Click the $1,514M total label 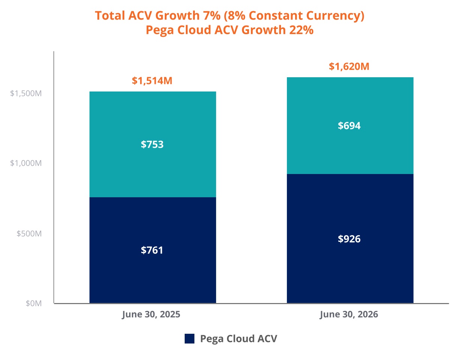152,81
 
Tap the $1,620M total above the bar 349,66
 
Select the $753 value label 152,144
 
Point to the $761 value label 152,250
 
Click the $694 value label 349,126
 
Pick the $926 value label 349,239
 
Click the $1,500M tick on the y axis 26,93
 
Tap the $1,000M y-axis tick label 26,163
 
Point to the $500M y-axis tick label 29,234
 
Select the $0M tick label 34,303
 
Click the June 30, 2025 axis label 151,315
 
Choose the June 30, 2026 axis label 349,315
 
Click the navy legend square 190,339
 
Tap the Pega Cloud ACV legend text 239,339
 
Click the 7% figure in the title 212,16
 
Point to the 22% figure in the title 301,30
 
